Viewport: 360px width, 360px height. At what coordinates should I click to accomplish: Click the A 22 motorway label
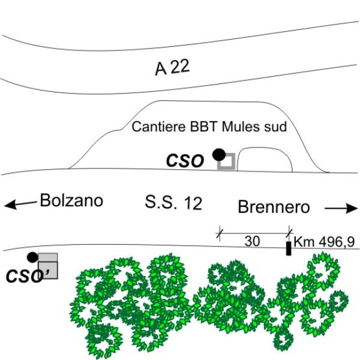click(172, 67)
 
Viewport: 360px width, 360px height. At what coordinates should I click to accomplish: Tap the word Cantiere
click(158, 127)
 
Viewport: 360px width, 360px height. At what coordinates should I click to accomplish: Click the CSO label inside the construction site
click(185, 161)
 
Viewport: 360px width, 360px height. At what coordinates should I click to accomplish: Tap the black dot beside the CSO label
click(219, 155)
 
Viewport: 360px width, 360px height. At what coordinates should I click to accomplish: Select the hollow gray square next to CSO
click(226, 161)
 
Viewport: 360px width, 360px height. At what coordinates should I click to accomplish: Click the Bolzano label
click(71, 200)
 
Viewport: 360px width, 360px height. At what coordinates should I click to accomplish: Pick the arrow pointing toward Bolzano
click(20, 205)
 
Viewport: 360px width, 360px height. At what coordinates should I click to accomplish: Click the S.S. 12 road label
click(173, 203)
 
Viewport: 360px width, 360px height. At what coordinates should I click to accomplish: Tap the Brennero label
click(274, 207)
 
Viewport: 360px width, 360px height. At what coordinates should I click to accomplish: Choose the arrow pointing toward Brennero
click(341, 208)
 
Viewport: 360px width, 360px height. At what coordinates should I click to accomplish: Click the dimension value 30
click(252, 241)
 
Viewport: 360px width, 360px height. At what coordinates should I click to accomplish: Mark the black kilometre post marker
click(289, 248)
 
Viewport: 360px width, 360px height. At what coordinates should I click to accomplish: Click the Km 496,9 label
click(324, 242)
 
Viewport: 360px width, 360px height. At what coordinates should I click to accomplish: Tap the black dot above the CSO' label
click(32, 257)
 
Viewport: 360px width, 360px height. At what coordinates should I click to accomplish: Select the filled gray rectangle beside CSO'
click(48, 266)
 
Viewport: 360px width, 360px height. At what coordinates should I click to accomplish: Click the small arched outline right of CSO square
click(265, 148)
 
